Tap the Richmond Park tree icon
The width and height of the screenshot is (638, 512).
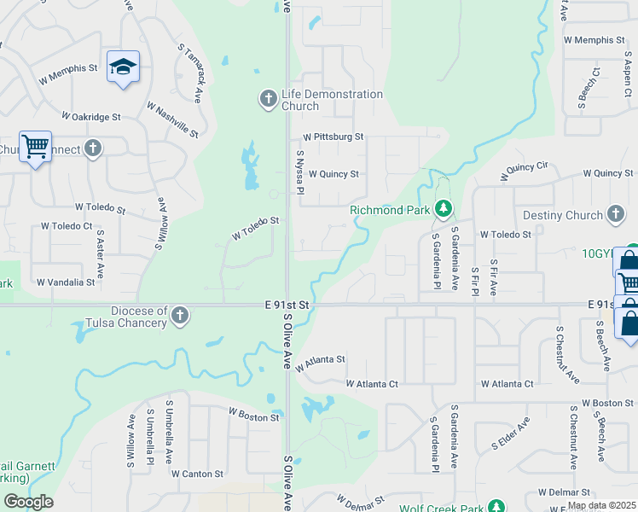coord(443,208)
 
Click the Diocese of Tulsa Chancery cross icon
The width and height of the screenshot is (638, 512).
coord(180,317)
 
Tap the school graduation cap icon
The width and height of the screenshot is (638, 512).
coord(123,67)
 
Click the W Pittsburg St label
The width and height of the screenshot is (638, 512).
coord(333,137)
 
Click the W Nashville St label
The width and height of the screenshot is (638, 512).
coord(172,121)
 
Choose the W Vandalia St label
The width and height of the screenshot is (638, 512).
coord(66,282)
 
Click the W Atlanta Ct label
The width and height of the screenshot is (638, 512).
coord(372,385)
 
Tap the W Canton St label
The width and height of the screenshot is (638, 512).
coord(197,474)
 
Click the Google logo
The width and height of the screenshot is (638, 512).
coord(28,502)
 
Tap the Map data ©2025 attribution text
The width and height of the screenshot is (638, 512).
coord(601,505)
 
